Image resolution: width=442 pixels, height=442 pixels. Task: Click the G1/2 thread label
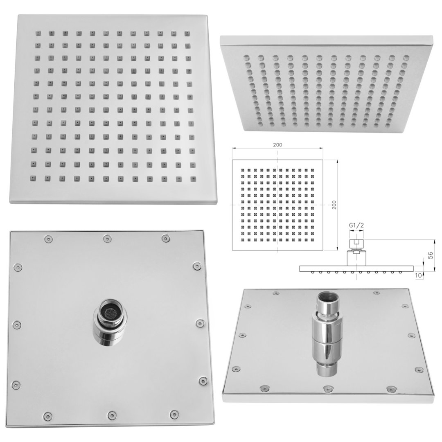point(356,225)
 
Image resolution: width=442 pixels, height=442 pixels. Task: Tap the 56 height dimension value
point(430,256)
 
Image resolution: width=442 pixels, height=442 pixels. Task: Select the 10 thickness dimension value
point(419,275)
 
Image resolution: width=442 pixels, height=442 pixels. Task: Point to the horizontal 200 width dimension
point(277,145)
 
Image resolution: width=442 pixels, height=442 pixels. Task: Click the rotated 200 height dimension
point(334,205)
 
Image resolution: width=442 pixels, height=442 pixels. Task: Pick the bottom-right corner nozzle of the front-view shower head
point(193,179)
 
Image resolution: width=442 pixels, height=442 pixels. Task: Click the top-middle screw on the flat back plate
point(107,239)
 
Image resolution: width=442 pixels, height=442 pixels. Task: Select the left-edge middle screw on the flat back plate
point(17,325)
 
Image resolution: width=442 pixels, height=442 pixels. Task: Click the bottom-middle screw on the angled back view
point(327,389)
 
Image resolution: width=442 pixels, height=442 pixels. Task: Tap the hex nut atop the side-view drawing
point(356,243)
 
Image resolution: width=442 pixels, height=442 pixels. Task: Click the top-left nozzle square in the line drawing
point(242,170)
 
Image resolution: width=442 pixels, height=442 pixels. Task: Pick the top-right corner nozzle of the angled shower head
point(406,58)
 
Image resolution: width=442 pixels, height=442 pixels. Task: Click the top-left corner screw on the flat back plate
point(49,239)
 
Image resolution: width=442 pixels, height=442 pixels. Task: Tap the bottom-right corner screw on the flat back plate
point(174,414)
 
